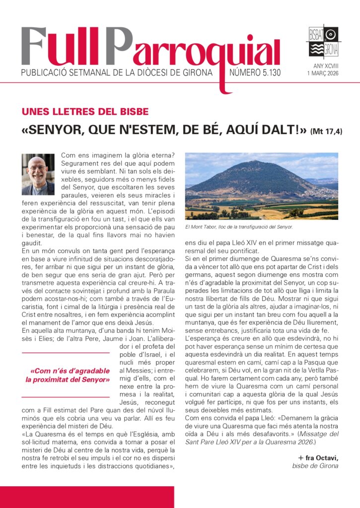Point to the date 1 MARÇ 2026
click(323, 74)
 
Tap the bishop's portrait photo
click(38, 174)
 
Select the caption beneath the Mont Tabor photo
click(239, 227)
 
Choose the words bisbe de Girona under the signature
click(315, 465)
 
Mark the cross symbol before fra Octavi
click(300, 456)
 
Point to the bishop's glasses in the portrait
click(37, 168)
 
